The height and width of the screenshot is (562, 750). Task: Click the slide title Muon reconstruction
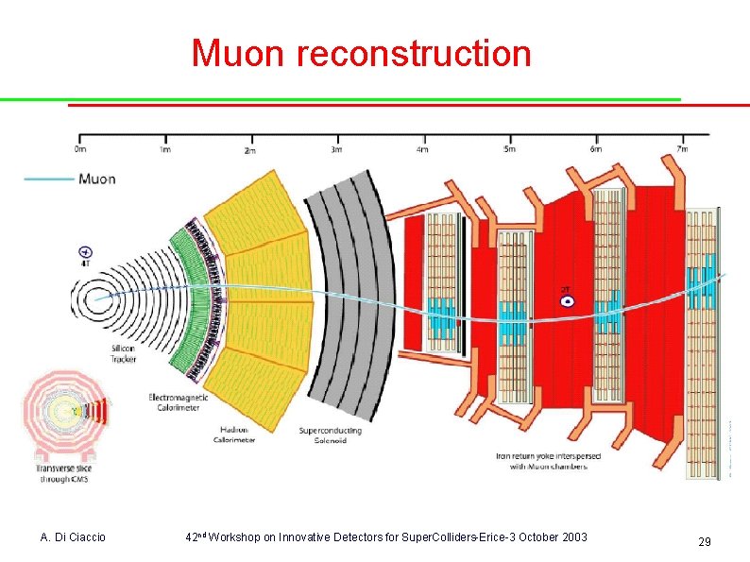[x=362, y=53]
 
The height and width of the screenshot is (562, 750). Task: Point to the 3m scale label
[x=336, y=149]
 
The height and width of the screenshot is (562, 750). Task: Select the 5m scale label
[x=509, y=149]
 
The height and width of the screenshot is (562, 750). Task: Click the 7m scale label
[x=682, y=148]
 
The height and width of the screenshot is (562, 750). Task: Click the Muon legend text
[x=97, y=179]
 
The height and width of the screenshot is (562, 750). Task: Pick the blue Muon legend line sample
[x=49, y=179]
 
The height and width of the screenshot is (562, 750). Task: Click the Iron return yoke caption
[x=542, y=461]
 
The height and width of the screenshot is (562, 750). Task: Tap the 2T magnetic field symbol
[x=567, y=300]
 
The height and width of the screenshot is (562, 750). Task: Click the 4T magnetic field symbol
[x=86, y=252]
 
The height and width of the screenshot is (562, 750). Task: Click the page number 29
[x=704, y=542]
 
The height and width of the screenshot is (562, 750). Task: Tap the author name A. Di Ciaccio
[x=74, y=537]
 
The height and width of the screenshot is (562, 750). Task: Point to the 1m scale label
[x=165, y=148]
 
